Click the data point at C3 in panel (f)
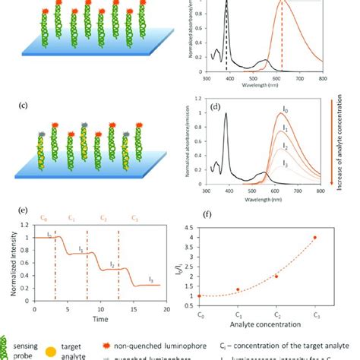314,238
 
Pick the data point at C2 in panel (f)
276,276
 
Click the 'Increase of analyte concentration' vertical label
351,144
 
